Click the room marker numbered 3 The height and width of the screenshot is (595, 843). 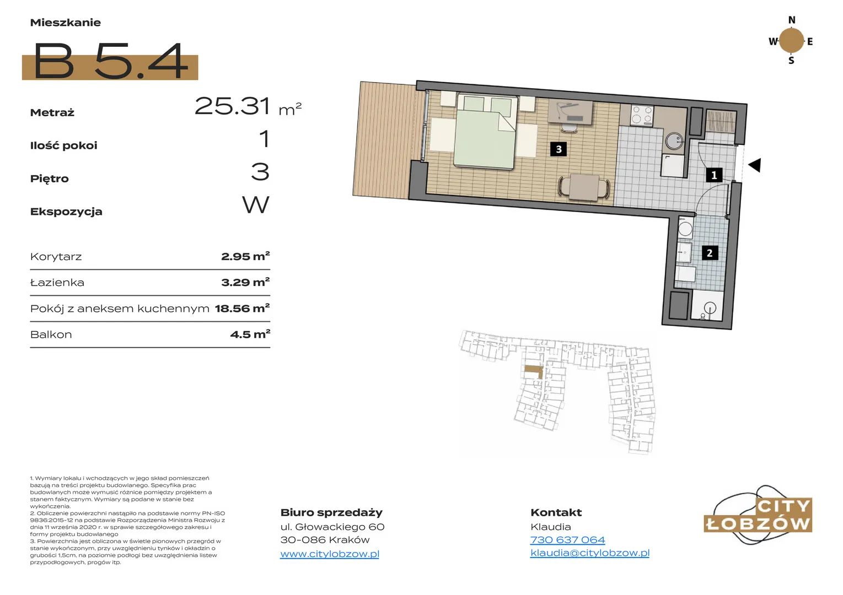(559, 149)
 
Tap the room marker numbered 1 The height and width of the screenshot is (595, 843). (714, 175)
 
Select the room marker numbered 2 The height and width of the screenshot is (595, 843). (710, 253)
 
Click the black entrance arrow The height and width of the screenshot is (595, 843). (755, 165)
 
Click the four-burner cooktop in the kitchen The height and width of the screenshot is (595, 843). (642, 115)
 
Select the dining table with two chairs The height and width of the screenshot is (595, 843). (584, 187)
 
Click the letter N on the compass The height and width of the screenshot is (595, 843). (792, 20)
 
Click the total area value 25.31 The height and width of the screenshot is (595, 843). (233, 106)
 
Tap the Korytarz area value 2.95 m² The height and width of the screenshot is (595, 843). (245, 257)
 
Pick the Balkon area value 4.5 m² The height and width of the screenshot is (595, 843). (250, 334)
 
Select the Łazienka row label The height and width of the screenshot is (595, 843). (57, 283)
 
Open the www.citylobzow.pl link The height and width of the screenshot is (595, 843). (330, 554)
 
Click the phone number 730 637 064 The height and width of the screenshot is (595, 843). (567, 540)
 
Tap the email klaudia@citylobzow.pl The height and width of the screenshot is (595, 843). (590, 553)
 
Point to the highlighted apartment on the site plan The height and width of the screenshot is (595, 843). (534, 371)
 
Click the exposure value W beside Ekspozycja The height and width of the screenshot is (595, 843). (255, 204)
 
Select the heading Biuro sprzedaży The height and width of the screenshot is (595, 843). (331, 512)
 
